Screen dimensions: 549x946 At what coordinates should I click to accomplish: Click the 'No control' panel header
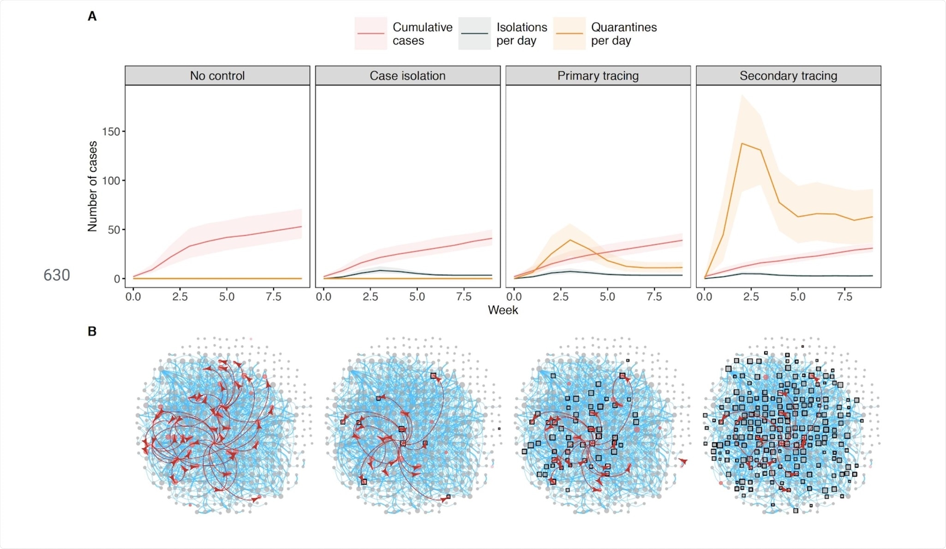tap(217, 76)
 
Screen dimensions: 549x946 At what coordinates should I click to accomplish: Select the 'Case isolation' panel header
tap(407, 76)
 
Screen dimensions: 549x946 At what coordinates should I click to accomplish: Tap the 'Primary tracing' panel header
tap(598, 76)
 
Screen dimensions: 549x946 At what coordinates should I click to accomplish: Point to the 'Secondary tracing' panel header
tap(788, 76)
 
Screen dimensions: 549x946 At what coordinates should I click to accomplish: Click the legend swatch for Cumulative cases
tap(371, 34)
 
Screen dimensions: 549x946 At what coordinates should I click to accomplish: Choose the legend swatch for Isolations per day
tap(474, 34)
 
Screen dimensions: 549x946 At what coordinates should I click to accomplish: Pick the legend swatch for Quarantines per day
tap(569, 34)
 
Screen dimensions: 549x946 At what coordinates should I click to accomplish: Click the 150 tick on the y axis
tap(111, 132)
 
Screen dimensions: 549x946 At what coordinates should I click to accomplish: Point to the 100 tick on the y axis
tap(111, 181)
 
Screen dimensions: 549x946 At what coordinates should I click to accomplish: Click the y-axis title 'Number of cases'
tap(92, 186)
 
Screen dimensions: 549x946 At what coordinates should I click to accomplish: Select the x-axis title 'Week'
tap(503, 310)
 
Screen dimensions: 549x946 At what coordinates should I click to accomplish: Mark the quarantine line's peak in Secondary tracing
tap(742, 144)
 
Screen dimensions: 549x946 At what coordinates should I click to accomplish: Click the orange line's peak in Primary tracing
tap(570, 240)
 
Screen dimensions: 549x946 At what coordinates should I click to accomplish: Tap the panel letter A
tap(92, 17)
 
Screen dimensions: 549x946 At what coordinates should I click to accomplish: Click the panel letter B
tap(92, 332)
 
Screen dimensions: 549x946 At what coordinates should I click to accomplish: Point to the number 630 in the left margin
tap(57, 275)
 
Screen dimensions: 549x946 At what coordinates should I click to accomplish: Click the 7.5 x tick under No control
tap(274, 296)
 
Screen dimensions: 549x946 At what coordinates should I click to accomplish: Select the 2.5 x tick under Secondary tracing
tap(751, 296)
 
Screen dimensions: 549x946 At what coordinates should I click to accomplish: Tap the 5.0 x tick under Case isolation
tap(417, 296)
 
